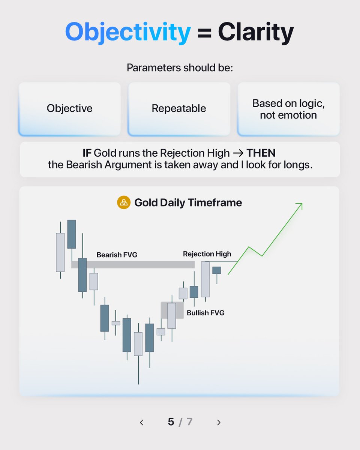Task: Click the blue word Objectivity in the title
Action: [128, 32]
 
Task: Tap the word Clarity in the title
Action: [256, 32]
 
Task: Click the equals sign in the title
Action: [204, 33]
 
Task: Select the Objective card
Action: [69, 109]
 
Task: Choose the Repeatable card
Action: [179, 109]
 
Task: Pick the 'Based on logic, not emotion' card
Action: [288, 109]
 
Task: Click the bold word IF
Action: [87, 153]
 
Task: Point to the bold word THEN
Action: [261, 153]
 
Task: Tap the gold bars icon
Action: [124, 202]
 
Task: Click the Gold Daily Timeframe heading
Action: [188, 202]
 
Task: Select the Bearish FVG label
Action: [117, 255]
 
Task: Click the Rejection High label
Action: [207, 254]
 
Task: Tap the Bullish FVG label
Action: [205, 313]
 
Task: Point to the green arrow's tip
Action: [302, 203]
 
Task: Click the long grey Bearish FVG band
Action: [133, 264]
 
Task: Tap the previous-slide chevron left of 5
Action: [142, 422]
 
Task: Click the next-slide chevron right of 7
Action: [219, 422]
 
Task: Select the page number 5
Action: [171, 422]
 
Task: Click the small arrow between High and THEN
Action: [238, 153]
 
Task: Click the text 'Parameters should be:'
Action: [180, 68]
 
